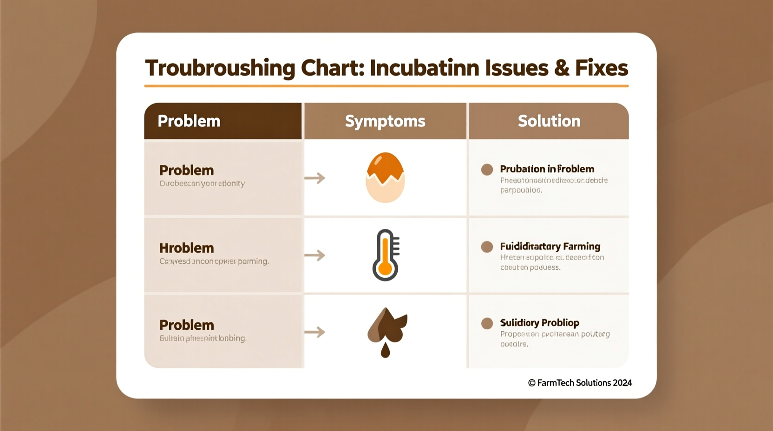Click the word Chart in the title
pyautogui.click(x=332, y=68)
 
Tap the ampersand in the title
pyautogui.click(x=561, y=68)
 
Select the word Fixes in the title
pyautogui.click(x=602, y=68)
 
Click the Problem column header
pyautogui.click(x=189, y=121)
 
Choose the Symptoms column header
pyautogui.click(x=385, y=121)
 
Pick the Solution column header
pyautogui.click(x=549, y=121)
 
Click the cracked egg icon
pyautogui.click(x=385, y=177)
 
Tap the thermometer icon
pyautogui.click(x=386, y=255)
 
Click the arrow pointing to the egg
pyautogui.click(x=314, y=178)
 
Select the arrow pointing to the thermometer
pyautogui.click(x=314, y=255)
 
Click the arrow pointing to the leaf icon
pyautogui.click(x=314, y=332)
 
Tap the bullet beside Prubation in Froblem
pyautogui.click(x=487, y=170)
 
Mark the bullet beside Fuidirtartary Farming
pyautogui.click(x=487, y=247)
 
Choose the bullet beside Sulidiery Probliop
pyautogui.click(x=487, y=323)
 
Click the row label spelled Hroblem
pyautogui.click(x=186, y=248)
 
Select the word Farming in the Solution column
pyautogui.click(x=582, y=247)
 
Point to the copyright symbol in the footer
pyautogui.click(x=532, y=383)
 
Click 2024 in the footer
pyautogui.click(x=622, y=383)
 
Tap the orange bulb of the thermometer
pyautogui.click(x=385, y=269)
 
